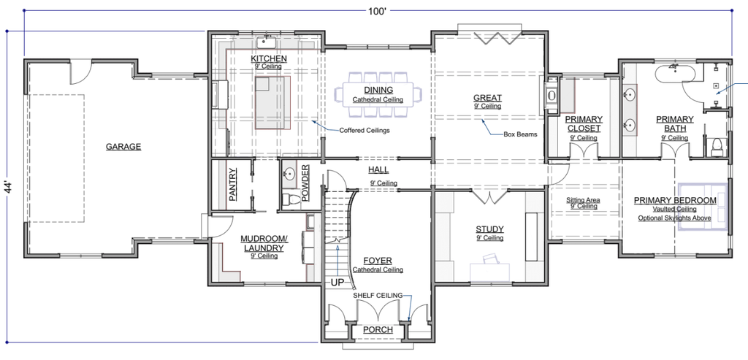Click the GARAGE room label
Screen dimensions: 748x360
pyautogui.click(x=123, y=147)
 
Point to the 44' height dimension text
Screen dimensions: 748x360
pyautogui.click(x=9, y=186)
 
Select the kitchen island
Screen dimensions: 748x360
pyautogui.click(x=272, y=102)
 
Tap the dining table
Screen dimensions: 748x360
pyautogui.click(x=378, y=94)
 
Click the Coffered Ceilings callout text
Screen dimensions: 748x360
pyautogui.click(x=365, y=130)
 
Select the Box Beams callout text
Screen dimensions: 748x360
pyautogui.click(x=520, y=134)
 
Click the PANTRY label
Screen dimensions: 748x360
pyautogui.click(x=233, y=184)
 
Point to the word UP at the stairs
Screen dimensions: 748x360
pyautogui.click(x=337, y=283)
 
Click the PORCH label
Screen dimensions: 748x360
pyautogui.click(x=378, y=330)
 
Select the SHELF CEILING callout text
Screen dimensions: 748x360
pyautogui.click(x=378, y=296)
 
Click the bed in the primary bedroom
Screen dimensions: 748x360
pyautogui.click(x=703, y=207)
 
